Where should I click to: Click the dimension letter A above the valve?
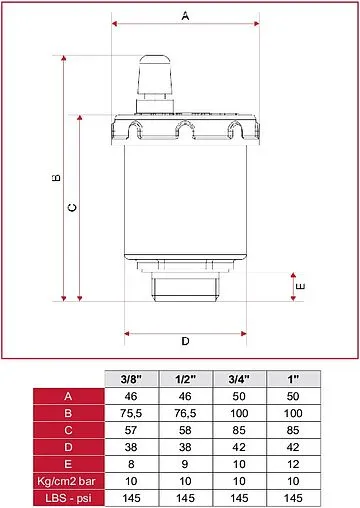pyautogui.click(x=185, y=15)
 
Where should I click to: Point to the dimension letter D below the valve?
pyautogui.click(x=185, y=341)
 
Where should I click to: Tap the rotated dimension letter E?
pyautogui.click(x=301, y=286)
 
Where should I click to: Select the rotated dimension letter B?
pyautogui.click(x=57, y=177)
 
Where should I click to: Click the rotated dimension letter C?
pyautogui.click(x=72, y=208)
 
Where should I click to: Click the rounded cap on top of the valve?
pyautogui.click(x=155, y=73)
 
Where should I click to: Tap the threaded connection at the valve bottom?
pyautogui.click(x=186, y=287)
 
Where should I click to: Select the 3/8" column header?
pyautogui.click(x=131, y=379)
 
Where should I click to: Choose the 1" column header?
pyautogui.click(x=293, y=379)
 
